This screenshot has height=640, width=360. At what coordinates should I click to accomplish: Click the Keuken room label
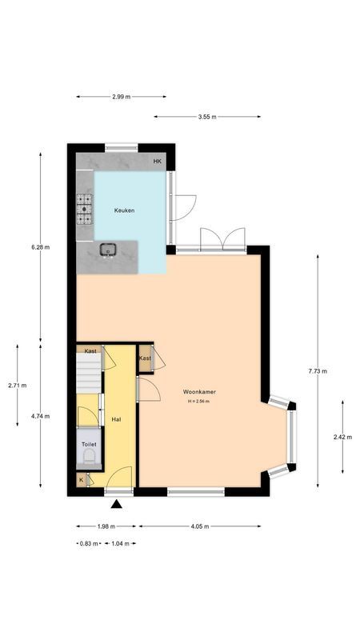coord(123,210)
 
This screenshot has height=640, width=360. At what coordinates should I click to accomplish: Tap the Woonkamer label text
coord(199,392)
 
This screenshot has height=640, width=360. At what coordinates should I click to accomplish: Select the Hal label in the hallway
coord(117,419)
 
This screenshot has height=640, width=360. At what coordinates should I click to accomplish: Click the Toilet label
coord(88,443)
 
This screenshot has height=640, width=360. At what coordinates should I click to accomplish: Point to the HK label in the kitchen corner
coord(158,162)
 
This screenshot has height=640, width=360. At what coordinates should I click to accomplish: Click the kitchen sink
coord(108,250)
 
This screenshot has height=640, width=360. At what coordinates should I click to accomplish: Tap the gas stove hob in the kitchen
coord(84,210)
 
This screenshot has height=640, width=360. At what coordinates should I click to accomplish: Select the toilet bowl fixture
coord(88,457)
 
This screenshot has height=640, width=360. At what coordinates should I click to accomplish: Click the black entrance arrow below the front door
coord(117,504)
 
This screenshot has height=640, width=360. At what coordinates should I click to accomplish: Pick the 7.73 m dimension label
coord(317,371)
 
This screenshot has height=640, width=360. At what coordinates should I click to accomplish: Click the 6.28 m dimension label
coord(41,247)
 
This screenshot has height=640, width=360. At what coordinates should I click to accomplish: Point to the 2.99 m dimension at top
coord(122,97)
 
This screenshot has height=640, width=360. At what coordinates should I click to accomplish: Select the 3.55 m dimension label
coord(207,117)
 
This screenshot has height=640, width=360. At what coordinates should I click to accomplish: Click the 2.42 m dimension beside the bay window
coord(342,437)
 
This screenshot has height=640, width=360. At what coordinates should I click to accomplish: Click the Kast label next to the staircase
coord(90,351)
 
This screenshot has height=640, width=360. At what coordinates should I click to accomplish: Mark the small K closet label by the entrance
coord(81,480)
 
